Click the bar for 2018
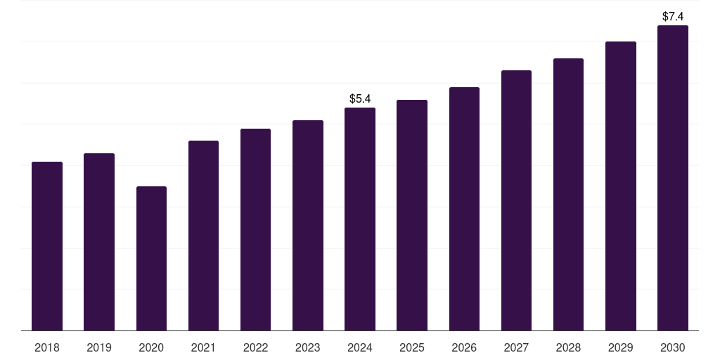(x=47, y=246)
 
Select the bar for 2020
(x=151, y=258)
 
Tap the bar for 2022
(x=255, y=229)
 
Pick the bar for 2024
(x=360, y=219)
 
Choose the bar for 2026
(x=464, y=209)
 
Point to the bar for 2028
(x=568, y=194)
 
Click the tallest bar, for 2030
(x=673, y=178)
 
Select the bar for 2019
(x=99, y=242)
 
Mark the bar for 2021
(x=203, y=236)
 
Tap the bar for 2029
(x=621, y=186)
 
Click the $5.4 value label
(x=360, y=98)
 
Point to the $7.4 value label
(x=673, y=16)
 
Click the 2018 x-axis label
(x=47, y=347)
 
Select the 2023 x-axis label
(x=308, y=347)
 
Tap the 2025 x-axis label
(x=412, y=347)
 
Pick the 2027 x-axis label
(x=516, y=347)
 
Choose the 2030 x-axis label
(x=673, y=347)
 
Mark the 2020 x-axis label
(x=151, y=347)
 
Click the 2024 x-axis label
(x=360, y=347)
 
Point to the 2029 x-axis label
(x=621, y=347)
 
